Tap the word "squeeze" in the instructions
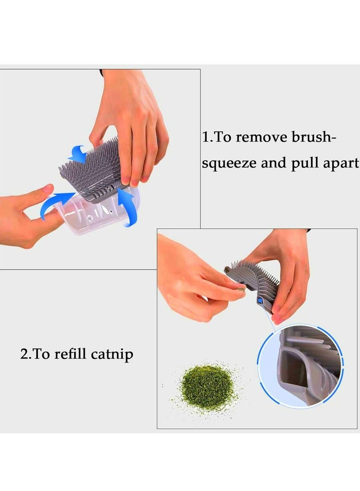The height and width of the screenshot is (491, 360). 229,164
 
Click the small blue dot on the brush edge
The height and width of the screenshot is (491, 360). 260,301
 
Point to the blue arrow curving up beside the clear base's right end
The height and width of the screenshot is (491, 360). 126,207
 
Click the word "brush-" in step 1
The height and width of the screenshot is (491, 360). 314,137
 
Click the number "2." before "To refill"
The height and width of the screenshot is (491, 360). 25,354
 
